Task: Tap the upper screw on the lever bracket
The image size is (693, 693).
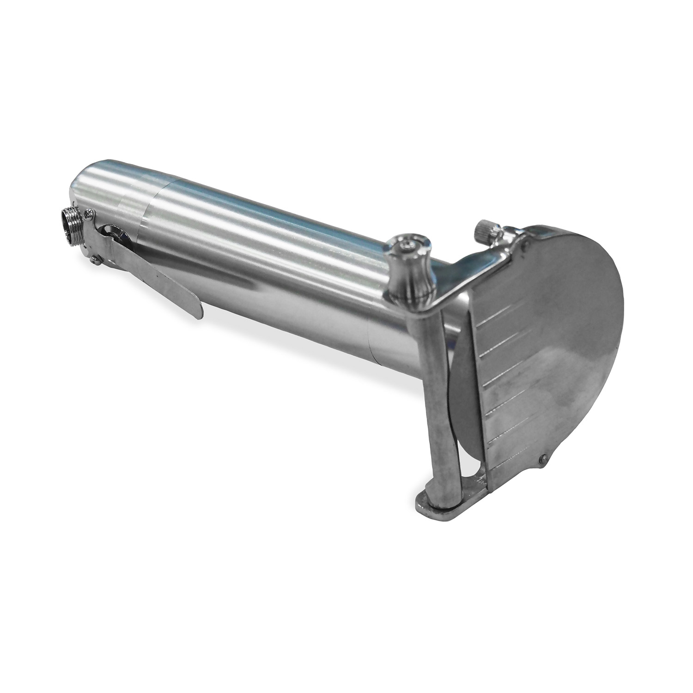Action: tap(88, 213)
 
